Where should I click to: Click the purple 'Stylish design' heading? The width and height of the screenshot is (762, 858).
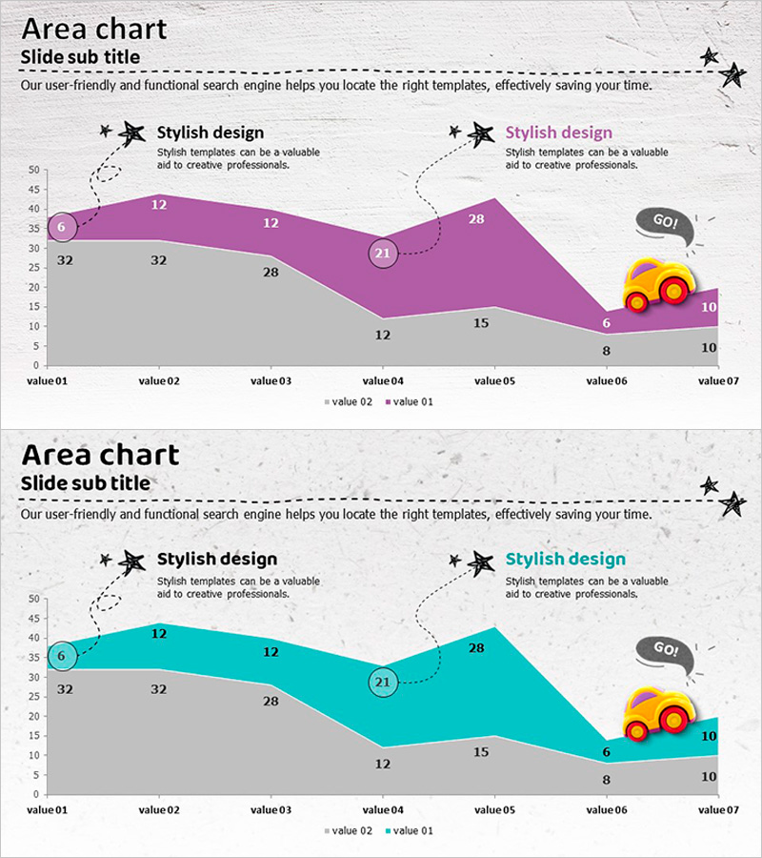[x=558, y=133]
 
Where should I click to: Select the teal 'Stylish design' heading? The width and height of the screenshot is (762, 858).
[x=565, y=559]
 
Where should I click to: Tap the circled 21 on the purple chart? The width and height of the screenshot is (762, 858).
[x=383, y=254]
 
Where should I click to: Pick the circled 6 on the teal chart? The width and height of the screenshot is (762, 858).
[x=61, y=655]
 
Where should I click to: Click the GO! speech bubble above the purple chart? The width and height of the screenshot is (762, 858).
[x=665, y=223]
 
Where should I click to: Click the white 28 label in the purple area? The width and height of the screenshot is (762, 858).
[x=476, y=218]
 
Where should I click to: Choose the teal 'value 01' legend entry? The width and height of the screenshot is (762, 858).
[x=409, y=831]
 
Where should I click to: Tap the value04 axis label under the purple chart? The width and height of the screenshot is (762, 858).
[x=382, y=380]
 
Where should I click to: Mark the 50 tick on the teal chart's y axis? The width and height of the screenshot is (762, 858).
[x=33, y=599]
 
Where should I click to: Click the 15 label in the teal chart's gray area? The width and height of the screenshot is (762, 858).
[x=481, y=752]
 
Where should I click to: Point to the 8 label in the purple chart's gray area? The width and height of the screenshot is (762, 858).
[x=606, y=350]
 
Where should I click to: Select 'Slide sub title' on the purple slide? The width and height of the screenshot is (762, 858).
[x=80, y=57]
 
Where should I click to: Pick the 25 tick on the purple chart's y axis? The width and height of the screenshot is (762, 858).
[x=33, y=268]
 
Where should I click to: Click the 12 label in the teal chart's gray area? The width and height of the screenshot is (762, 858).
[x=382, y=764]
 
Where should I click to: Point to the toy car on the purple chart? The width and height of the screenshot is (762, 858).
[x=658, y=284]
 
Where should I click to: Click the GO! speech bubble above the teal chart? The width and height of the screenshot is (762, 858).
[x=665, y=650]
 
